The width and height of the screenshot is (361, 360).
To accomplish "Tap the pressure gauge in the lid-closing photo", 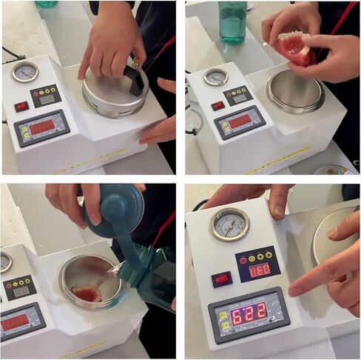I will coord(25,72).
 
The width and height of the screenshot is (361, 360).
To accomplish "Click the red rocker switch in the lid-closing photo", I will coord(21,105).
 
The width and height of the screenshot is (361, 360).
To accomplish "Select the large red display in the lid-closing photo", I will coord(42,127).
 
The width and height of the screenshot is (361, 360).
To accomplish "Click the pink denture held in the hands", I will coord(294,46).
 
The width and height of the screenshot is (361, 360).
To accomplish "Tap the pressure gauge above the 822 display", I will coord(230,224).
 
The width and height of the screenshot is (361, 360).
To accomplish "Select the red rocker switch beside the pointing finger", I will coord(220,279).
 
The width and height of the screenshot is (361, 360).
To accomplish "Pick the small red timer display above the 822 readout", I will coord(258,270).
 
